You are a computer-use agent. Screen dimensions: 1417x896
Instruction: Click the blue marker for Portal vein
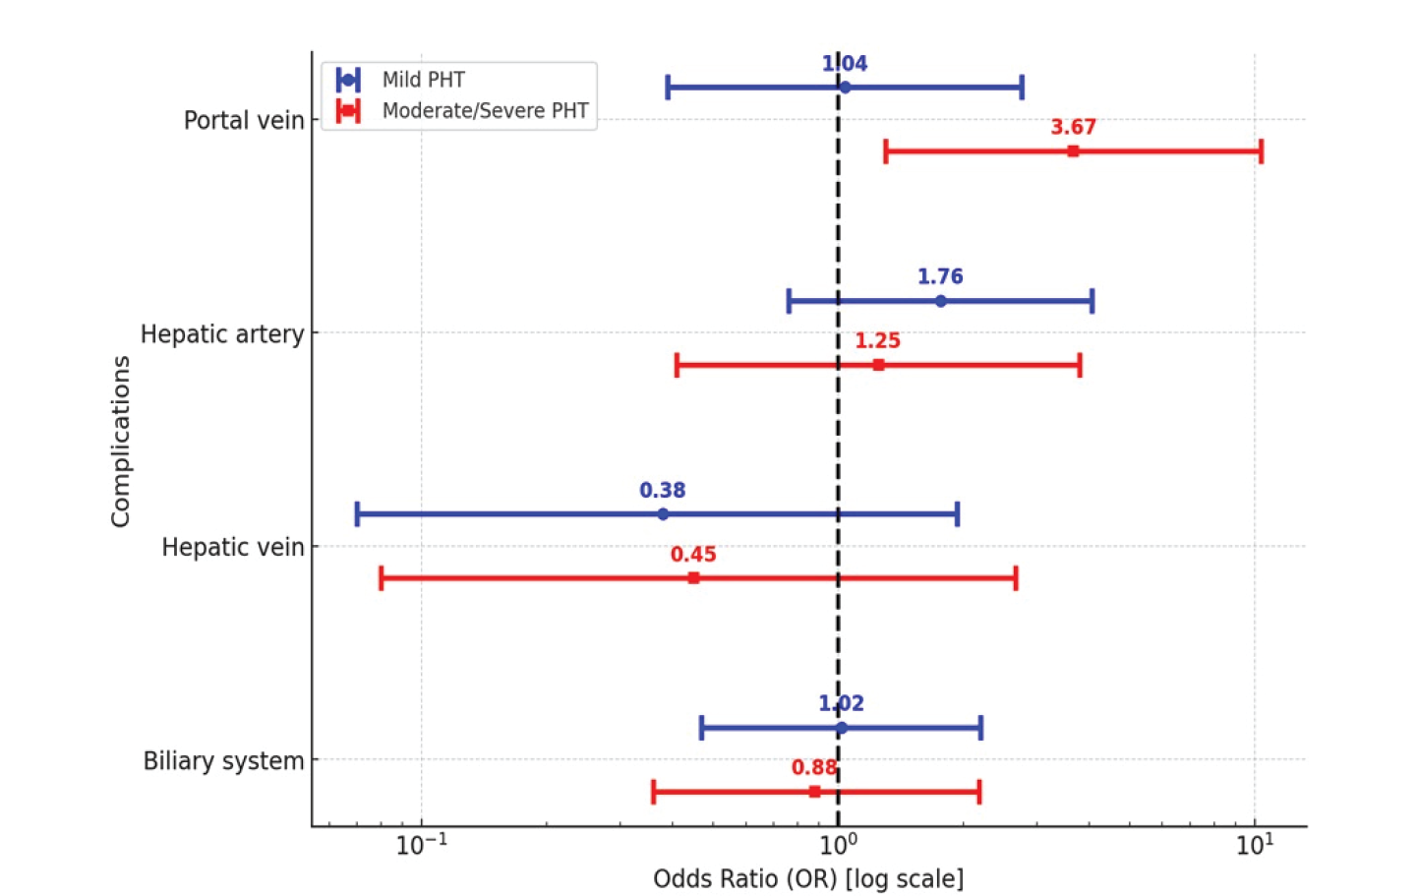tap(845, 88)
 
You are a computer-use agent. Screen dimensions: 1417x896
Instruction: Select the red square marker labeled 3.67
tap(1074, 151)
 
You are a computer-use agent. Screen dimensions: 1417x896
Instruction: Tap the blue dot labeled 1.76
tap(941, 301)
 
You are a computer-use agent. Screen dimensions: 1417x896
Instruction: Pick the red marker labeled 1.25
tap(879, 365)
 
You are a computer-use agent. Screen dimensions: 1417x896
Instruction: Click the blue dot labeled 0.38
tap(663, 513)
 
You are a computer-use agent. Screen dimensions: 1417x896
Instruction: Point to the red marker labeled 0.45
tap(694, 577)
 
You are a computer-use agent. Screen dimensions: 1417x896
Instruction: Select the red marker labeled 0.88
tap(815, 792)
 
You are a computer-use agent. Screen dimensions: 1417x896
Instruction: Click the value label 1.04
tap(845, 63)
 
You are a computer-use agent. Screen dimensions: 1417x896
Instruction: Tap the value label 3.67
tap(1074, 127)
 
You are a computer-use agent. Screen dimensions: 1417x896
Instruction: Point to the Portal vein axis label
tap(244, 120)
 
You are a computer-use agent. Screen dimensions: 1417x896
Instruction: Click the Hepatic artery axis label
tap(222, 333)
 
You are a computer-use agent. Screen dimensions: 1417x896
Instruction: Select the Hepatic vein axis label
tap(233, 547)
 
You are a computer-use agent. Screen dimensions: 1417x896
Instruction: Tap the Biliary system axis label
tap(224, 760)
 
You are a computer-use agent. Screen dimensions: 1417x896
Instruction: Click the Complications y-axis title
tap(120, 441)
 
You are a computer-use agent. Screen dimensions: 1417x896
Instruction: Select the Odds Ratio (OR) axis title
tap(808, 879)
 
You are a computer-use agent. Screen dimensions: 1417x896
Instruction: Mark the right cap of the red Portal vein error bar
tap(1262, 151)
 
